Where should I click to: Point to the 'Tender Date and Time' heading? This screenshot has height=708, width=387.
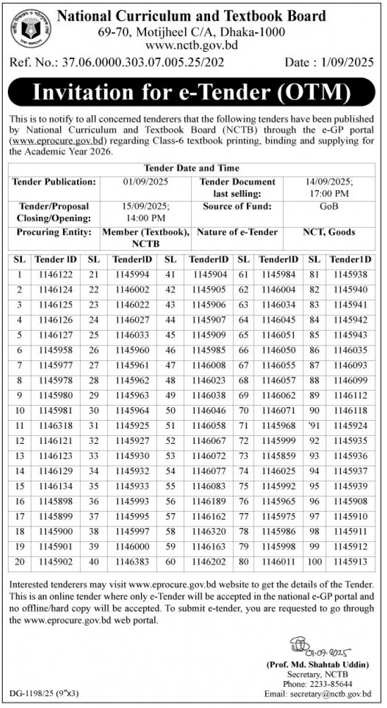(x=192, y=168)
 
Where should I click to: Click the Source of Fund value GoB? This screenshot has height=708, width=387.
(x=328, y=207)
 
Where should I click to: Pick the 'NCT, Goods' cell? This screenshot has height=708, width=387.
(x=329, y=232)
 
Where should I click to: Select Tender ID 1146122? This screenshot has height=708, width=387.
(x=56, y=275)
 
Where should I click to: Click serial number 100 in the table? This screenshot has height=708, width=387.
(x=315, y=561)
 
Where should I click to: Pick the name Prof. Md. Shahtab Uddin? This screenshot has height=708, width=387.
(x=318, y=665)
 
